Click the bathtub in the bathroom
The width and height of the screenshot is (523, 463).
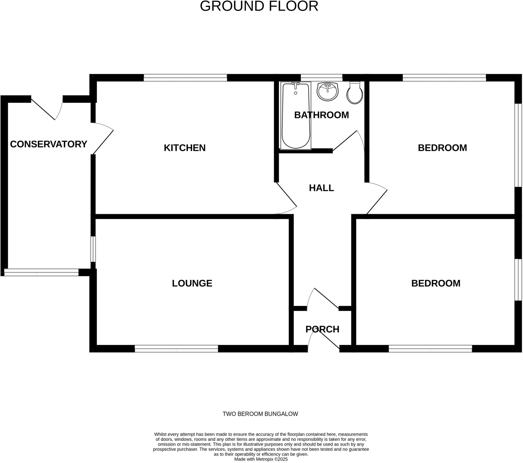[296, 116]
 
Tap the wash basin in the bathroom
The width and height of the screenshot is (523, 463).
[328, 92]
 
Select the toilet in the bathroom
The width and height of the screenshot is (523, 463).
[355, 94]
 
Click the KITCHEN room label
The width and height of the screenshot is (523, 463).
[184, 148]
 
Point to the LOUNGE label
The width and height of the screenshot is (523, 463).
[192, 283]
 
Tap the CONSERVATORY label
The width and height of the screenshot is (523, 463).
[48, 144]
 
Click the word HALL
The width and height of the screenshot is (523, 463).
[321, 188]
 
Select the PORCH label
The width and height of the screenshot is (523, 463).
[322, 329]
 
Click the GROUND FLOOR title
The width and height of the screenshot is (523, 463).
[259, 6]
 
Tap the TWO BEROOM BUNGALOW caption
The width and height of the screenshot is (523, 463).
[260, 414]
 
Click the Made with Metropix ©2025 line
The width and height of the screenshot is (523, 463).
[261, 459]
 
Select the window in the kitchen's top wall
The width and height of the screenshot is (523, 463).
[185, 78]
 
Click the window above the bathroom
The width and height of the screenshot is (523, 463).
[321, 78]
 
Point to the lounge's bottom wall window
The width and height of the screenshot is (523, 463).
[176, 349]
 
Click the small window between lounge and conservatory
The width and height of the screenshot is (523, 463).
[93, 249]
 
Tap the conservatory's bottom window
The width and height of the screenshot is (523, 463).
[41, 272]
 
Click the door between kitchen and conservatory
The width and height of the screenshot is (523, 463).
[103, 142]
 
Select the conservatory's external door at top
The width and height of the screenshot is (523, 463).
[43, 109]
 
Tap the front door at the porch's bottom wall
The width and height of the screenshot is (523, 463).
[329, 340]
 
